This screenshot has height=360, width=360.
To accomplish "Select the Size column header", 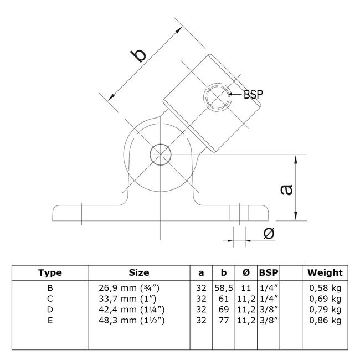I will (x=138, y=272).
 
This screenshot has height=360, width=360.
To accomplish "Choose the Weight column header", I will (x=325, y=272).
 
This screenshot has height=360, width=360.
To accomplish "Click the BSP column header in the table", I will (x=269, y=272).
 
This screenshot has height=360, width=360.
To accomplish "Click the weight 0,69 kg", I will (x=325, y=298).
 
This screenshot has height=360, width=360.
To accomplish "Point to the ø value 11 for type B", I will (x=246, y=287).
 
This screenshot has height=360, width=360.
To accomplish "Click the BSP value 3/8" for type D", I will (x=269, y=308).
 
